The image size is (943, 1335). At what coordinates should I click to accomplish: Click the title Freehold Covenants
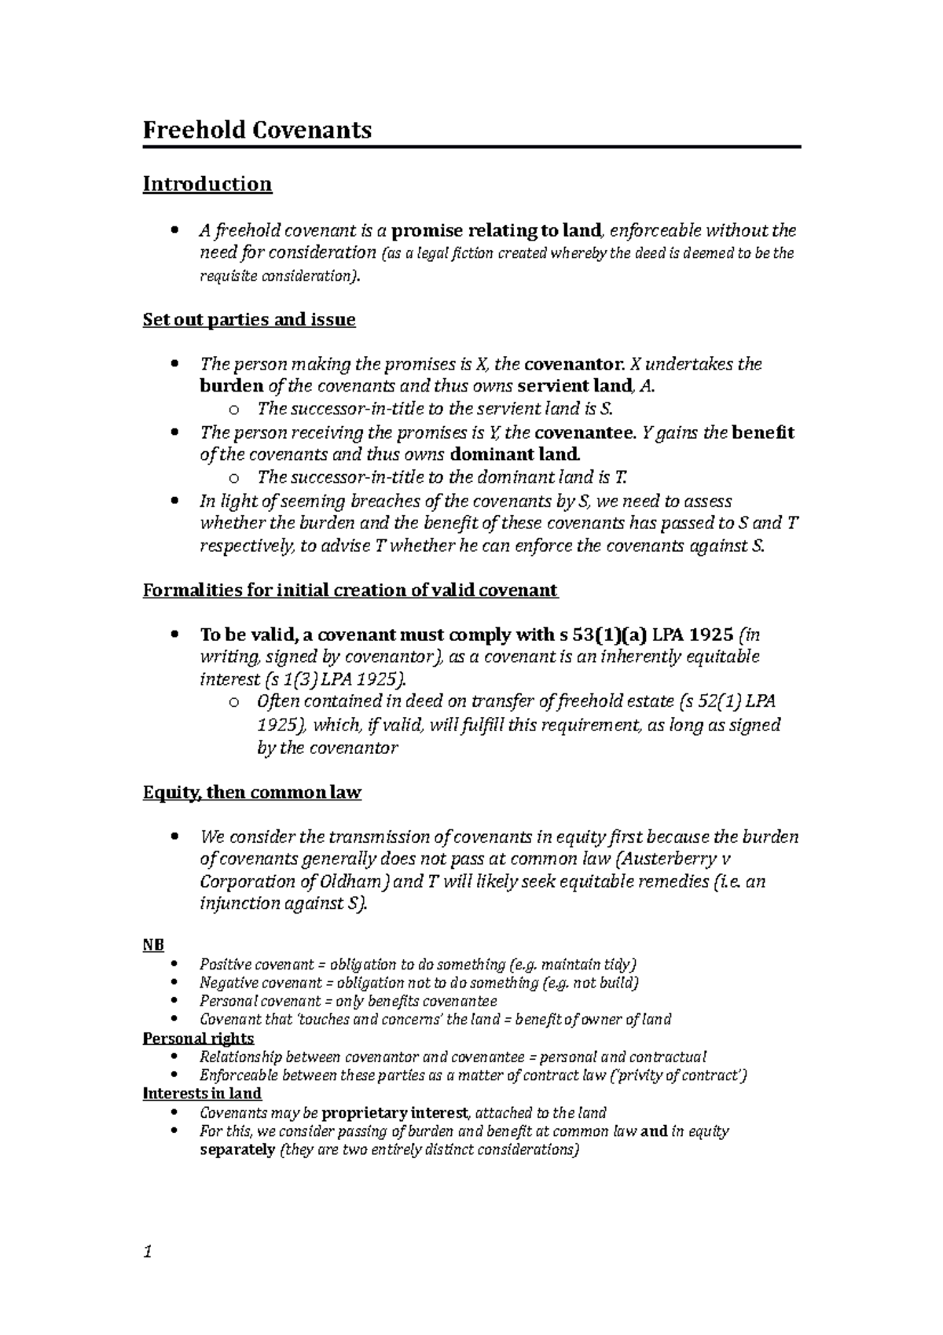click(x=256, y=130)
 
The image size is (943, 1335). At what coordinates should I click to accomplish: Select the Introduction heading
click(x=207, y=184)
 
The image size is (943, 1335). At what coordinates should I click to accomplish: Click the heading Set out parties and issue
click(x=248, y=320)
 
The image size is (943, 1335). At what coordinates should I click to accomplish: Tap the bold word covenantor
click(x=575, y=364)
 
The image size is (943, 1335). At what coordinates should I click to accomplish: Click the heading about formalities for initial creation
click(x=350, y=590)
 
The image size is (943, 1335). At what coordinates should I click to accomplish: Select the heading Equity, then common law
click(x=251, y=793)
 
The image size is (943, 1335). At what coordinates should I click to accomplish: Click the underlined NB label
click(x=152, y=945)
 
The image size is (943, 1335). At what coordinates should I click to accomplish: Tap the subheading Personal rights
click(x=198, y=1039)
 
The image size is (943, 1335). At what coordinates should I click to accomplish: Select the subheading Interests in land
click(x=202, y=1094)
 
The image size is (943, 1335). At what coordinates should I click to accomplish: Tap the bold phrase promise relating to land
click(x=496, y=231)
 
